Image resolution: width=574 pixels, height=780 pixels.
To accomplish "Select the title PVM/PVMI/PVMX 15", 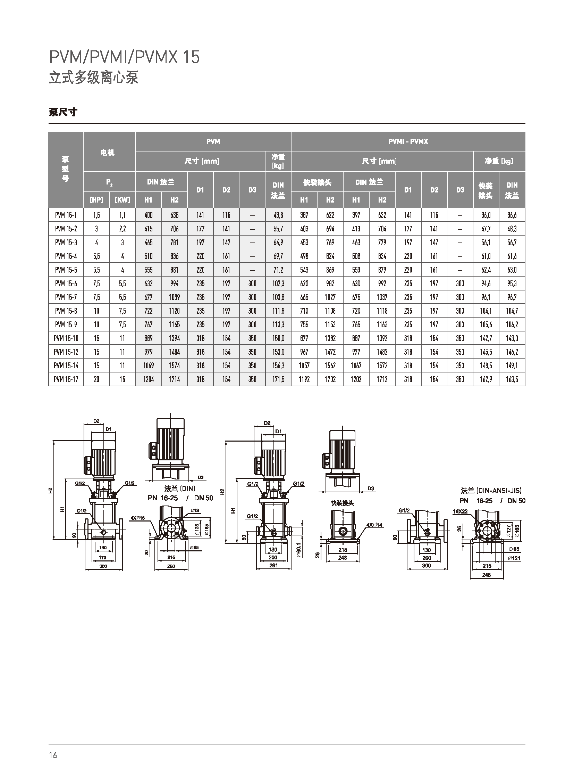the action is coord(124,57).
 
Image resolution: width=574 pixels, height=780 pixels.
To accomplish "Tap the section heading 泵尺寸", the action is coord(63,112).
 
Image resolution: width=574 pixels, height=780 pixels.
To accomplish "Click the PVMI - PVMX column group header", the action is coord(408,142).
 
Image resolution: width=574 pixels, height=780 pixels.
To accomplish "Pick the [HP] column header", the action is coord(96,200).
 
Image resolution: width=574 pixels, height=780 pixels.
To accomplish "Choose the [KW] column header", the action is coord(122,200).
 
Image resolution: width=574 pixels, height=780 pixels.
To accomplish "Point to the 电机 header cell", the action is coord(107,153).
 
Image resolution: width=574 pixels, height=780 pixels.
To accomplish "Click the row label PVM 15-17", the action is coord(66,379).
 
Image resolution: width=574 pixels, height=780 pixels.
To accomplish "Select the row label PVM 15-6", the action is coord(66,284).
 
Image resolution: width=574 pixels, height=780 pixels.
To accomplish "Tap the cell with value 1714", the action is coord(175,379).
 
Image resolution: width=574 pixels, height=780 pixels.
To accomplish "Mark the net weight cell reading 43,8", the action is coord(278,215).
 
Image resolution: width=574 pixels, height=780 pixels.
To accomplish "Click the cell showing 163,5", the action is coord(512,379).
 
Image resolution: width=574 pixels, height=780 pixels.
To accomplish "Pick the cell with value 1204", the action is coord(149,379).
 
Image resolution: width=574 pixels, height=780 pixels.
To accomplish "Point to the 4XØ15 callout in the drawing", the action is coord(137,518).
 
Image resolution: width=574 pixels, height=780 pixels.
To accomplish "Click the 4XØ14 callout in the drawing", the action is coord(374,525).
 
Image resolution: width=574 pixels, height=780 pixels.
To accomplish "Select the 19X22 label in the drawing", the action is coord(460,511).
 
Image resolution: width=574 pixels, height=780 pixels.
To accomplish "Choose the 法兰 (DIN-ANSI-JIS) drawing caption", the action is coord(491,491).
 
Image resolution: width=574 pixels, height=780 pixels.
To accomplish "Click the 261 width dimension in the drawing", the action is coord(273,565).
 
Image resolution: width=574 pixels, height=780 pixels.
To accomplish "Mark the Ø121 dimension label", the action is coord(514,558).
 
